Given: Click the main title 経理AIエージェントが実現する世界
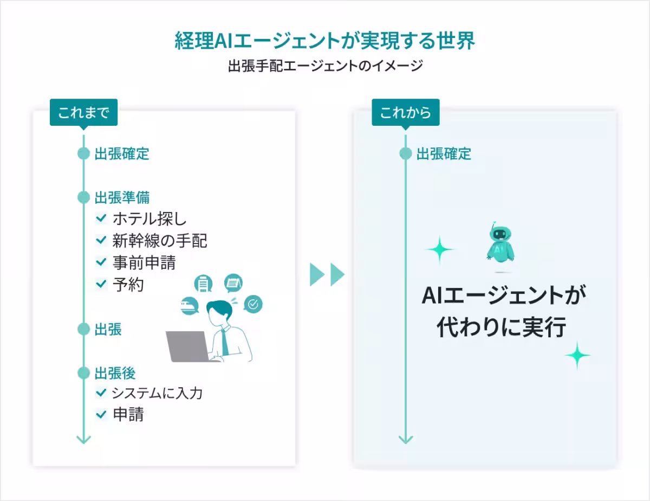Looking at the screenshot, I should pyautogui.click(x=325, y=41).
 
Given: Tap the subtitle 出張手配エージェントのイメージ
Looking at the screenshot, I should pyautogui.click(x=325, y=67).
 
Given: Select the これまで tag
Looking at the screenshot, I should pyautogui.click(x=83, y=113).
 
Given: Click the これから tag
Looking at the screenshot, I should pyautogui.click(x=405, y=113).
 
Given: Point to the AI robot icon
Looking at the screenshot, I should pyautogui.click(x=499, y=246).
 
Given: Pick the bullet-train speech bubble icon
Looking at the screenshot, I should pyautogui.click(x=191, y=306).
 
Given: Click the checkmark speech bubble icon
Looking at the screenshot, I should pyautogui.click(x=253, y=305).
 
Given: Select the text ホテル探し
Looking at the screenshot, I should pyautogui.click(x=149, y=219).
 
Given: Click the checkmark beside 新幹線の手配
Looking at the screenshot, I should pyautogui.click(x=101, y=240).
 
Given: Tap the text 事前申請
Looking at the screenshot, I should pyautogui.click(x=144, y=262).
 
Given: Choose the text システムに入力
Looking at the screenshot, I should pyautogui.click(x=157, y=393).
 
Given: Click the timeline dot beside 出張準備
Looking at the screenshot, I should pyautogui.click(x=83, y=197).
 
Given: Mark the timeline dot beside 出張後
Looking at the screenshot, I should pyautogui.click(x=83, y=373).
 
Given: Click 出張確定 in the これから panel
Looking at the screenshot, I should pyautogui.click(x=444, y=154).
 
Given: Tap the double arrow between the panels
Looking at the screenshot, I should pyautogui.click(x=327, y=275).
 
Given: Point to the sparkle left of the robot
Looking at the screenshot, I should pyautogui.click(x=439, y=250).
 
